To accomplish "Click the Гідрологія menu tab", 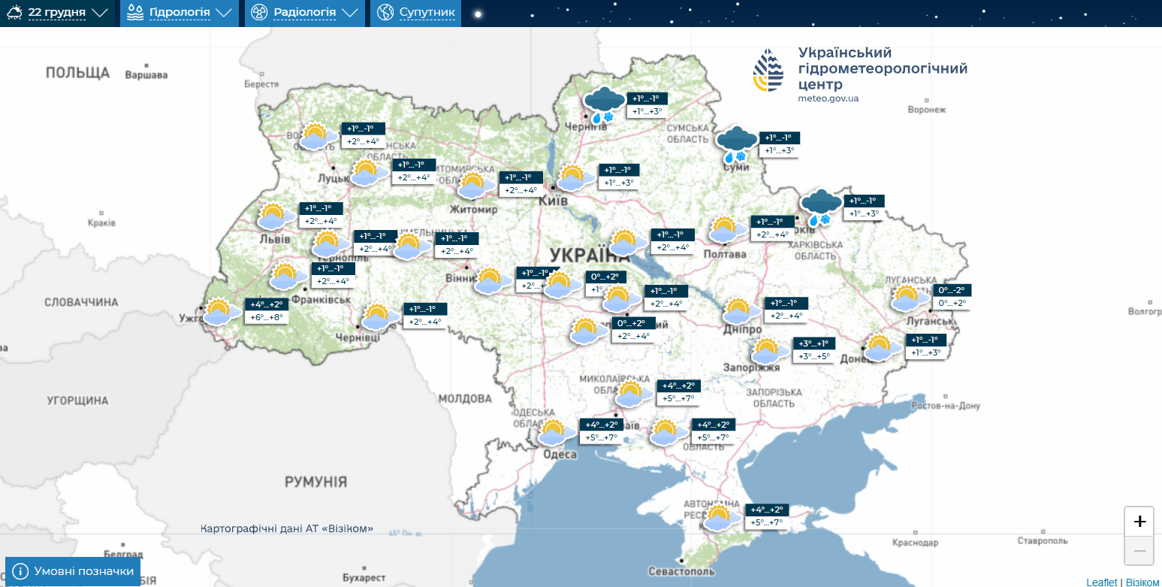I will point(180,13).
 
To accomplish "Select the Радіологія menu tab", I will point(304,13).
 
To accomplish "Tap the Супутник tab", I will point(415,13).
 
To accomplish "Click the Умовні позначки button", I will point(73,571).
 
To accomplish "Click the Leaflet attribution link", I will point(1101,582).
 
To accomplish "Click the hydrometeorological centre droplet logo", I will point(769,71).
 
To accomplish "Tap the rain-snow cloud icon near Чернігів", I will point(604,104).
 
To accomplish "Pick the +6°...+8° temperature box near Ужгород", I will point(267,317).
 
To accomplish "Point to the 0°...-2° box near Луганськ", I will point(952,290).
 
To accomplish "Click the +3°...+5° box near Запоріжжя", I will point(813,356).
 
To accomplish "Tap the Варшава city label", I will point(146,75).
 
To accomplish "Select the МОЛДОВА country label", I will point(464,398).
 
